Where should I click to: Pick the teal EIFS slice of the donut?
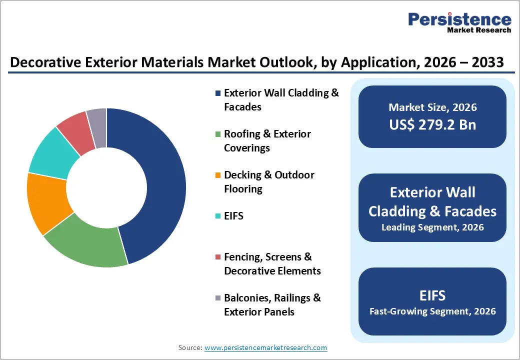(x=52, y=152)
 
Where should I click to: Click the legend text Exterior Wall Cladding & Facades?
(x=281, y=99)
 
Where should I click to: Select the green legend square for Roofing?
(x=217, y=134)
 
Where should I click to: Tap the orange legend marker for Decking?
(x=217, y=175)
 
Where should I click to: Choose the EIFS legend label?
(x=233, y=216)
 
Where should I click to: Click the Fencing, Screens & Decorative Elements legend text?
(x=272, y=263)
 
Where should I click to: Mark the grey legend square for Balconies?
(x=217, y=298)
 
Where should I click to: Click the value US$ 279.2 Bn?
(x=432, y=124)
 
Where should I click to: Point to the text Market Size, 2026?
(x=432, y=107)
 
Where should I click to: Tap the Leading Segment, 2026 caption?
(x=432, y=227)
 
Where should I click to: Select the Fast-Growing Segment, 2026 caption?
(x=432, y=311)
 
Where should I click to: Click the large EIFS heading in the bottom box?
(x=432, y=295)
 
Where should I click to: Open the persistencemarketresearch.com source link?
(x=265, y=347)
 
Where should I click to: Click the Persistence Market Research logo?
(x=459, y=22)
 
